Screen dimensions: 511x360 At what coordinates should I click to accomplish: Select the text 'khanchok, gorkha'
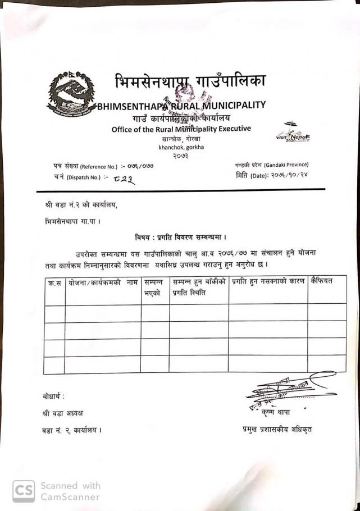click(x=181, y=147)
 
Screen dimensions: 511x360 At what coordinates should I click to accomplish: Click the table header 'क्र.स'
click(x=54, y=281)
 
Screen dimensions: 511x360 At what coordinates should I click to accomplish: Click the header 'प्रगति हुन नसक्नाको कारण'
click(x=267, y=281)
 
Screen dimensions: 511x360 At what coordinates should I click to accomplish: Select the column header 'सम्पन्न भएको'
click(x=154, y=286)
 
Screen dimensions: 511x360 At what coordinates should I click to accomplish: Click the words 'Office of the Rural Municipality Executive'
click(x=181, y=129)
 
